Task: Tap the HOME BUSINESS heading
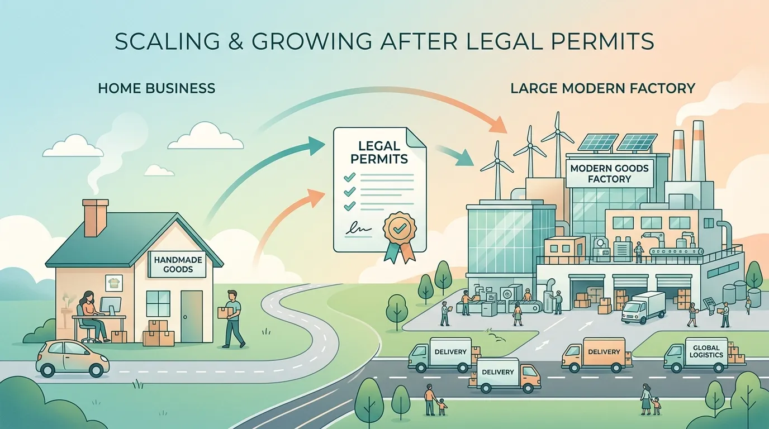pyautogui.click(x=156, y=88)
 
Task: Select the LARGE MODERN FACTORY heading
pyautogui.click(x=603, y=88)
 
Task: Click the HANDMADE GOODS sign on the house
pyautogui.click(x=178, y=264)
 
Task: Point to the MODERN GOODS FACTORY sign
pyautogui.click(x=609, y=174)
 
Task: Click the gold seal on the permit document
pyautogui.click(x=399, y=227)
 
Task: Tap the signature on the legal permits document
pyautogui.click(x=358, y=228)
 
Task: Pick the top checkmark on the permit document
pyautogui.click(x=349, y=177)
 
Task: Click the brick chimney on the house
pyautogui.click(x=95, y=218)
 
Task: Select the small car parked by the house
pyautogui.click(x=73, y=358)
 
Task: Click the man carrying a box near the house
pyautogui.click(x=232, y=319)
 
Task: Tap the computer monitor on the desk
pyautogui.click(x=111, y=306)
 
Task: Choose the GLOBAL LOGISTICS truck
pyautogui.click(x=704, y=355)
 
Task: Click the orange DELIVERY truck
pyautogui.click(x=597, y=355)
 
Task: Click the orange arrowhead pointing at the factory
pyautogui.click(x=499, y=125)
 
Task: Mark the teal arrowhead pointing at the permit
pyautogui.click(x=316, y=145)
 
